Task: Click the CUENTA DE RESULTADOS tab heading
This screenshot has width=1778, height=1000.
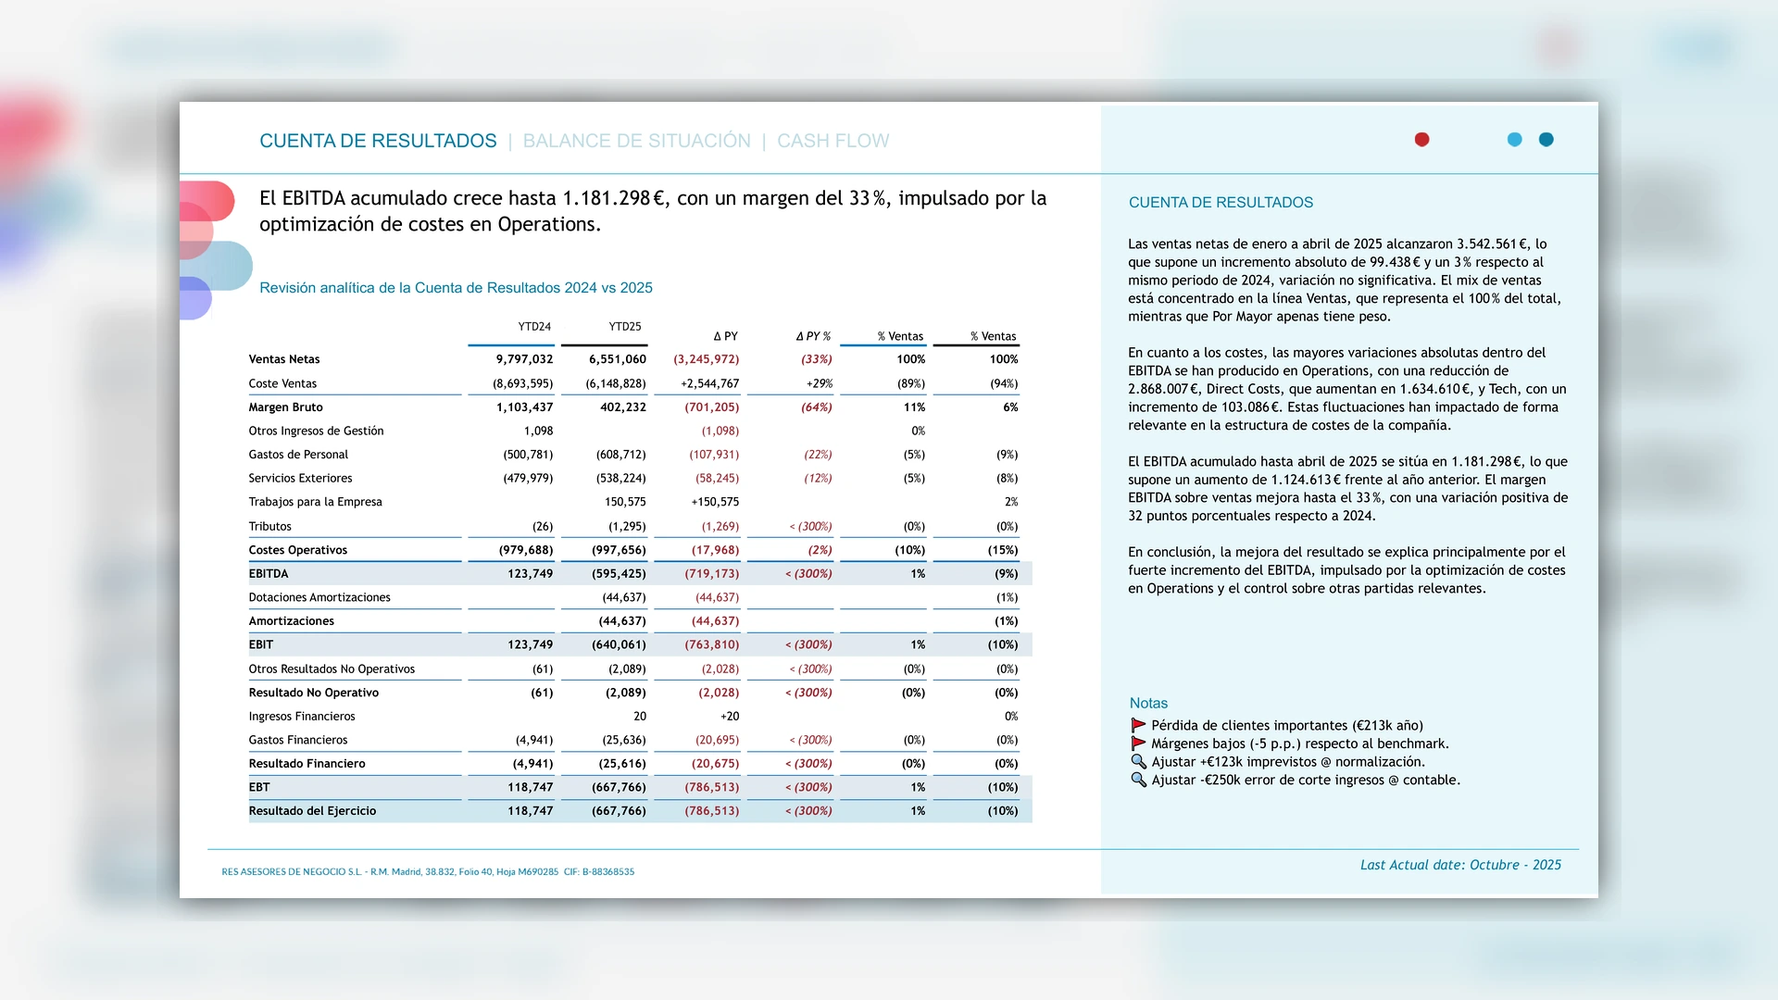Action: click(x=378, y=141)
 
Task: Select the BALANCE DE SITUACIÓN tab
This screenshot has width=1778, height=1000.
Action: click(x=636, y=141)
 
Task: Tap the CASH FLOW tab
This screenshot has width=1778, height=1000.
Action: click(x=833, y=141)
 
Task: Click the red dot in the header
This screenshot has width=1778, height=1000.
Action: click(x=1421, y=140)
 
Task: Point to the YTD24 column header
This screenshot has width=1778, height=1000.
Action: click(x=534, y=327)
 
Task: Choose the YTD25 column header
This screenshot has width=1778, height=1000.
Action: click(x=625, y=327)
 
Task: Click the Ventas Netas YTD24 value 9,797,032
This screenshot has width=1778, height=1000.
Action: click(x=524, y=359)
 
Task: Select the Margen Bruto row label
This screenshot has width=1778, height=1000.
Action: click(x=285, y=407)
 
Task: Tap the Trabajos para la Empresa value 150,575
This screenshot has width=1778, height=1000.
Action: click(x=625, y=502)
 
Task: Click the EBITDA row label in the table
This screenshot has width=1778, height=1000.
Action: click(x=269, y=574)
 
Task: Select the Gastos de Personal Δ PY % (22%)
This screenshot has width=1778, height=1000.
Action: click(x=818, y=455)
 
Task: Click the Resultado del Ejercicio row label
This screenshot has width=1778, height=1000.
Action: click(x=312, y=811)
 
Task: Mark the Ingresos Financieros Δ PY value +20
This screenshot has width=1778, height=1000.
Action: click(x=730, y=717)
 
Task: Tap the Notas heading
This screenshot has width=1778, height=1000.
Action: click(x=1148, y=704)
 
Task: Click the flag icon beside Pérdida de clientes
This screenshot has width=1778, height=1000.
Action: click(x=1138, y=726)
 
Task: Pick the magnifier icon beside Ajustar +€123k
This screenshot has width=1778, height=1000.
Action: click(x=1138, y=762)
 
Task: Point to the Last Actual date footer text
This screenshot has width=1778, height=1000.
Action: click(x=1460, y=865)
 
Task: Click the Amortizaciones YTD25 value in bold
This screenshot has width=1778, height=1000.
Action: click(x=622, y=621)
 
